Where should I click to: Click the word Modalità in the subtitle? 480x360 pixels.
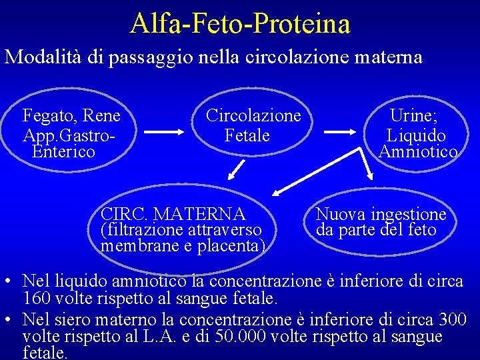tap(43, 57)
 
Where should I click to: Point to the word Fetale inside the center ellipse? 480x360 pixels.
tap(247, 135)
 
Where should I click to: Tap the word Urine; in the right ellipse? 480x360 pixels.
tap(414, 115)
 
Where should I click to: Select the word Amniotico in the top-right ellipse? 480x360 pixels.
tap(418, 152)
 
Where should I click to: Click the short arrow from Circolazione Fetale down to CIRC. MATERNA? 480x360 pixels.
tap(235, 173)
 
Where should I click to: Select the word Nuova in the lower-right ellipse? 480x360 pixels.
tap(336, 214)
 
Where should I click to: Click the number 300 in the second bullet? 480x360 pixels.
tap(453, 320)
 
